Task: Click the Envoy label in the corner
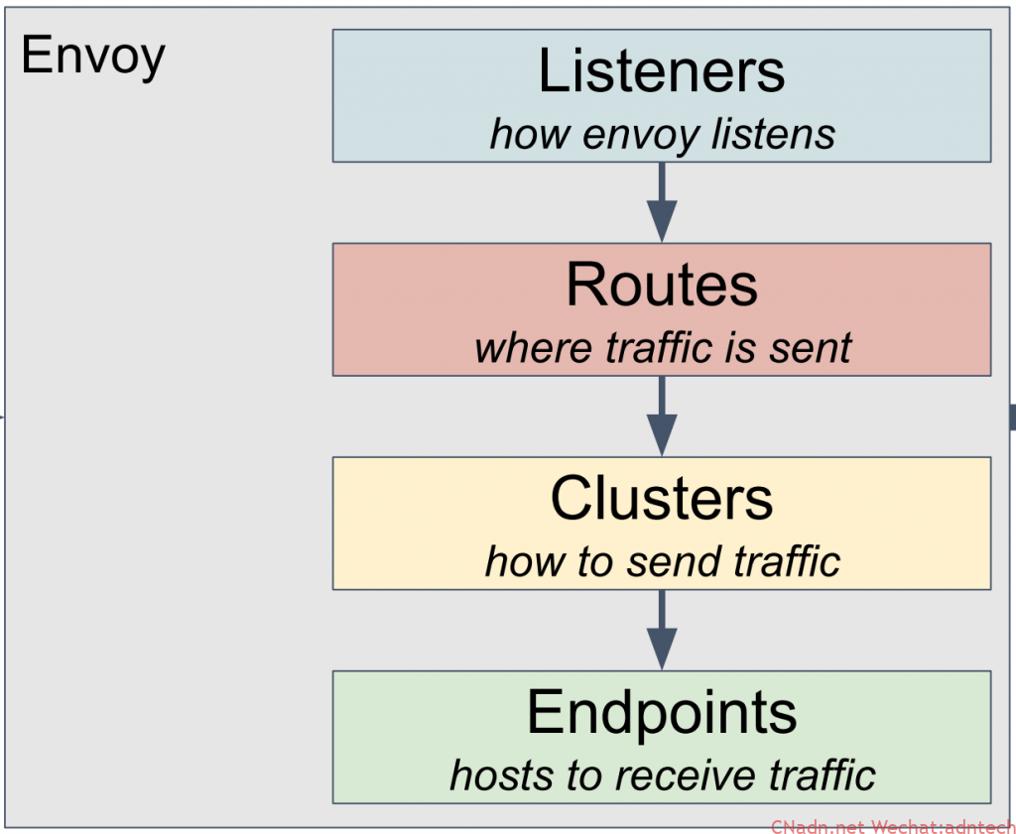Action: pyautogui.click(x=92, y=57)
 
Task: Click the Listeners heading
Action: pyautogui.click(x=662, y=70)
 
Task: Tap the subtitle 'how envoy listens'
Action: pyautogui.click(x=662, y=135)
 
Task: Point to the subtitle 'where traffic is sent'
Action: pyautogui.click(x=662, y=347)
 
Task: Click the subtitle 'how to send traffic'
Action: pyautogui.click(x=662, y=560)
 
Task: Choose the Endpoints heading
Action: pyautogui.click(x=662, y=712)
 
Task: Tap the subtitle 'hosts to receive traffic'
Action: pyautogui.click(x=662, y=774)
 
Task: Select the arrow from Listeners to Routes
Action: pyautogui.click(x=662, y=202)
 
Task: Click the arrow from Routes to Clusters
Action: pyautogui.click(x=662, y=416)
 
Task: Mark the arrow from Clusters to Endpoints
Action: pyautogui.click(x=662, y=630)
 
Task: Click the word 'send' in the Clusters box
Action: pyautogui.click(x=673, y=560)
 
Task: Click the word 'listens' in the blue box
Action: pyautogui.click(x=774, y=135)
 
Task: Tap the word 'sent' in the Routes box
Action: pyautogui.click(x=811, y=348)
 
